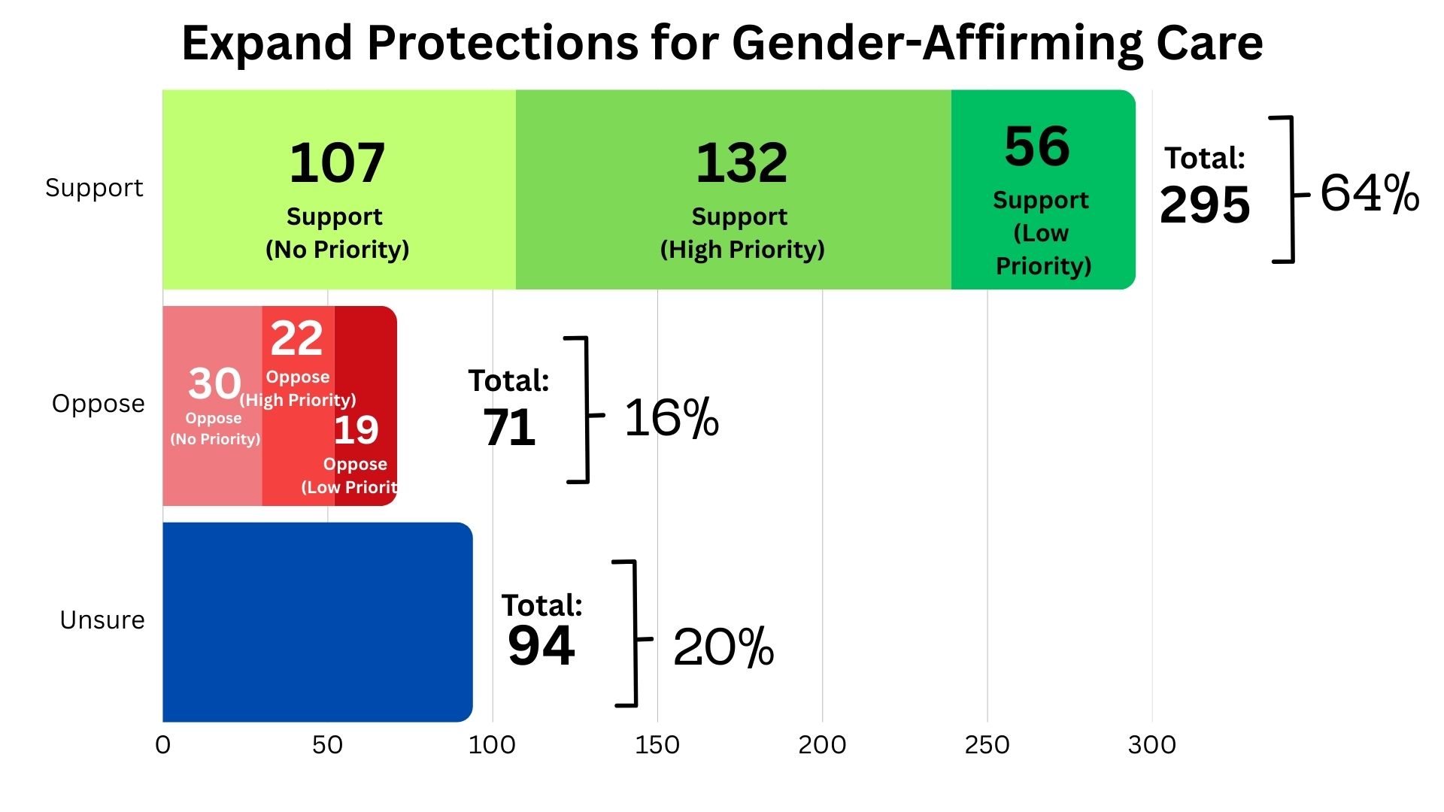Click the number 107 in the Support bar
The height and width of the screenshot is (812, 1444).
337,163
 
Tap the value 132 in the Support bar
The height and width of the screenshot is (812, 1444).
742,163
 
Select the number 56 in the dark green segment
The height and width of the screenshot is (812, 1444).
1036,147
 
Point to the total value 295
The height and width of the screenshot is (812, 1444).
1205,205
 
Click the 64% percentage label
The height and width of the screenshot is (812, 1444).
1370,193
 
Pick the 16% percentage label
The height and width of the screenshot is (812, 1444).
672,418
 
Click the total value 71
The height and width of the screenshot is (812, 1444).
509,429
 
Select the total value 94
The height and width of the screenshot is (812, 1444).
541,646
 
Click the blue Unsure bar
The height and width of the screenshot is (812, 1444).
316,622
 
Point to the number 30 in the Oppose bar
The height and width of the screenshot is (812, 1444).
214,383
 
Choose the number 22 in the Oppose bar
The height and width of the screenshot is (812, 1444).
296,338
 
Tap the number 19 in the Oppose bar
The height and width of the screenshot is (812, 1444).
356,430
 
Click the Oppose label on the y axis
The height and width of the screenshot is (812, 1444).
98,404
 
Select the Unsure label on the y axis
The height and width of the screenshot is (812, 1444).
102,620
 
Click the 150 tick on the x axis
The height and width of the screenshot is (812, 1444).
657,745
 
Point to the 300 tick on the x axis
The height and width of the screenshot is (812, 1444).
1151,745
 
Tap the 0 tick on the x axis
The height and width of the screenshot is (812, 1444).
162,745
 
